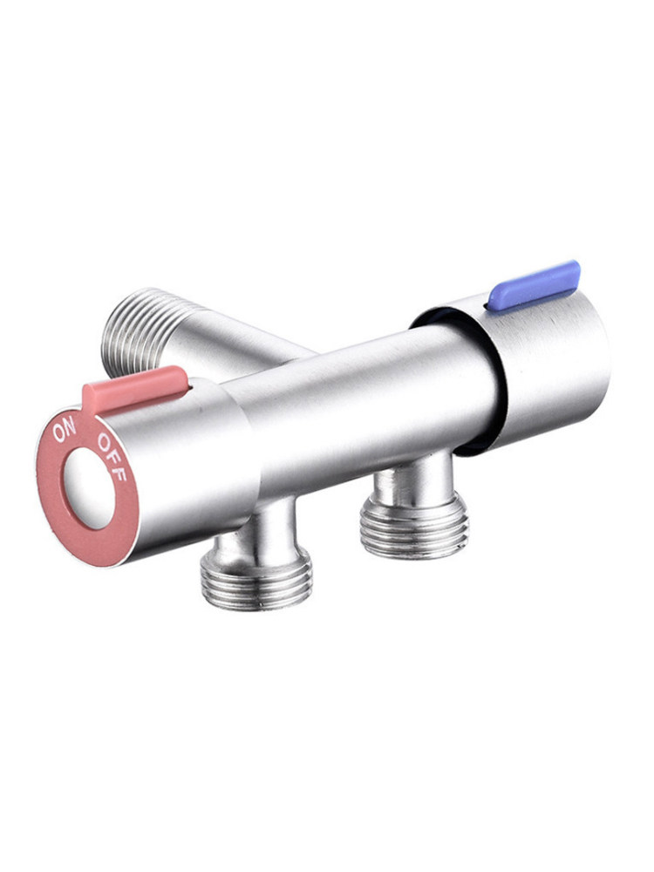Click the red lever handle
(135, 388)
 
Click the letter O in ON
(58, 433)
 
